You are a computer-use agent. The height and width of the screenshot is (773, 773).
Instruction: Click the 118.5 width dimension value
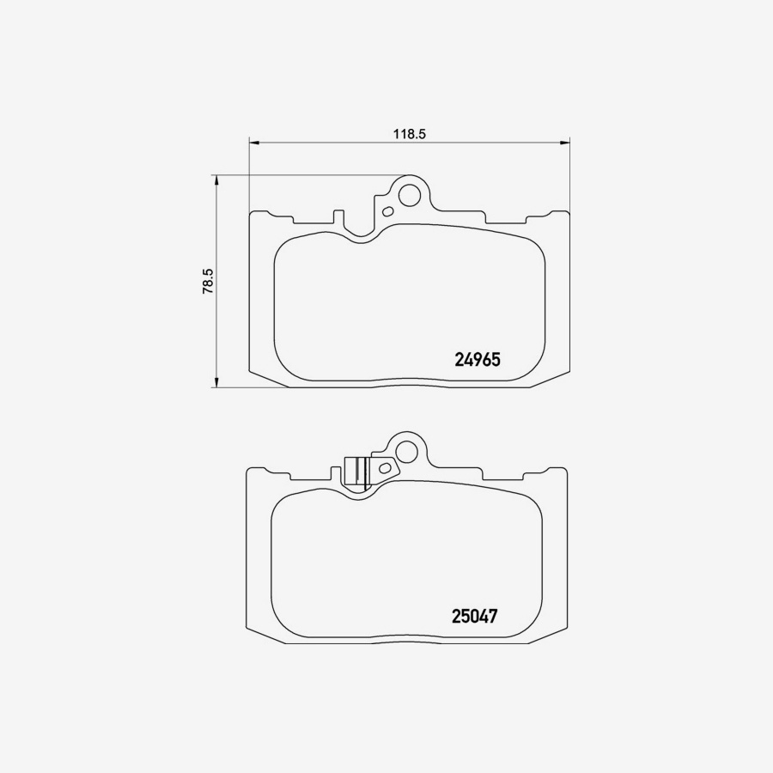click(410, 133)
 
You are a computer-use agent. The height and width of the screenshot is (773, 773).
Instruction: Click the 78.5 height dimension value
click(207, 281)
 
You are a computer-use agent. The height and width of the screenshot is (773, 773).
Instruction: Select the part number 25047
click(475, 616)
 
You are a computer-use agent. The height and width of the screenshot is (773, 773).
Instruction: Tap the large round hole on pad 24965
click(411, 194)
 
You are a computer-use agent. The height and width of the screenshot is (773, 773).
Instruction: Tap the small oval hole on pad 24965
click(388, 211)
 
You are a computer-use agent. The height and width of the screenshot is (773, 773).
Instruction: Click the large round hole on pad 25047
click(406, 449)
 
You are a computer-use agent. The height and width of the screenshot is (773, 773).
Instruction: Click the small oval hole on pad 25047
click(386, 468)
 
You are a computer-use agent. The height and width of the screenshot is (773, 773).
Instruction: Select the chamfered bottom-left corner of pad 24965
click(267, 379)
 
